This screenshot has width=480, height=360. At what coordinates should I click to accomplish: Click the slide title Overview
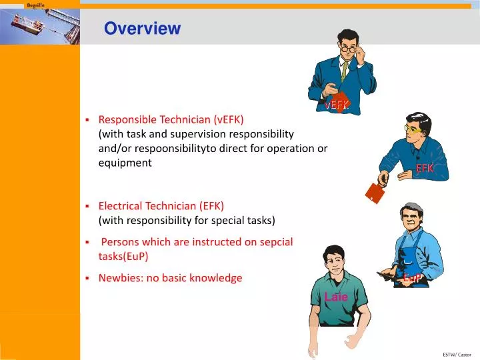tap(142, 28)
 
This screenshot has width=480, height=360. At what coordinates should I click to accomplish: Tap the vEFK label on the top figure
tap(337, 105)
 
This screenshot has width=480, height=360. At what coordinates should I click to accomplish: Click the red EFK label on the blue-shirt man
tap(425, 169)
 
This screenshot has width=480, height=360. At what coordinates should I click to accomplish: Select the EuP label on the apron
tap(412, 278)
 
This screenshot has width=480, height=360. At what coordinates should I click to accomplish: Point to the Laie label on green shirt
tap(336, 297)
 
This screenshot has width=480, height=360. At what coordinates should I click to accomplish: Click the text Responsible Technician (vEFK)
tap(171, 120)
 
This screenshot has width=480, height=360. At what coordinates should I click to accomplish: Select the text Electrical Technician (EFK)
tap(161, 206)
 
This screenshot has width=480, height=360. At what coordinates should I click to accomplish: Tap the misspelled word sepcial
tap(276, 242)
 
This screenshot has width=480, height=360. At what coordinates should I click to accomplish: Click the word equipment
tap(125, 163)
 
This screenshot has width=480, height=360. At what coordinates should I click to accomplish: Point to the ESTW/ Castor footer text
tap(457, 354)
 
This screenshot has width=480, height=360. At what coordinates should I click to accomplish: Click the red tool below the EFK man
tap(375, 193)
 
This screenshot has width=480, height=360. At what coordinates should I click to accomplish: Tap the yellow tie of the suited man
tap(345, 71)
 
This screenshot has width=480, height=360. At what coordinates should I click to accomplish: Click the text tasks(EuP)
tap(123, 256)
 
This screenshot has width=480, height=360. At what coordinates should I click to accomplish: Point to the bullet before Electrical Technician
tap(87, 207)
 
